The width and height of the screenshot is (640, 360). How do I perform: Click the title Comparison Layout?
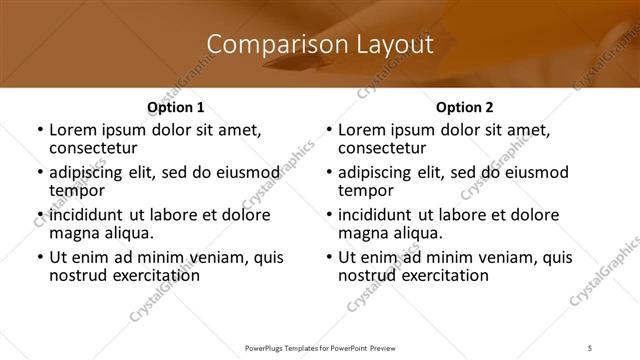pyautogui.click(x=320, y=45)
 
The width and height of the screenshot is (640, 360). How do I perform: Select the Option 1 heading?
pyautogui.click(x=176, y=107)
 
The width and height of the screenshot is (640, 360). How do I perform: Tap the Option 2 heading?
pyautogui.click(x=465, y=107)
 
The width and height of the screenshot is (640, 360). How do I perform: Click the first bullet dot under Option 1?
pyautogui.click(x=39, y=131)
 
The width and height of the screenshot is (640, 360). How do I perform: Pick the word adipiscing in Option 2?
pyautogui.click(x=378, y=173)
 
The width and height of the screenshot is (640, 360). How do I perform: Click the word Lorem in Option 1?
pyautogui.click(x=71, y=130)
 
